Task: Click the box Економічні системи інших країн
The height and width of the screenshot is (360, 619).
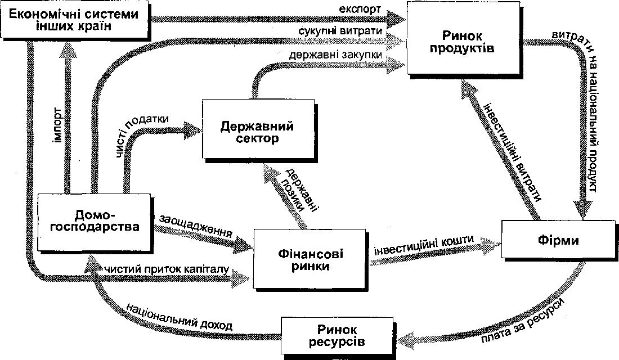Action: click(x=75, y=20)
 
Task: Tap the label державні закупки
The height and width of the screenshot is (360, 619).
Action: click(x=335, y=55)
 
